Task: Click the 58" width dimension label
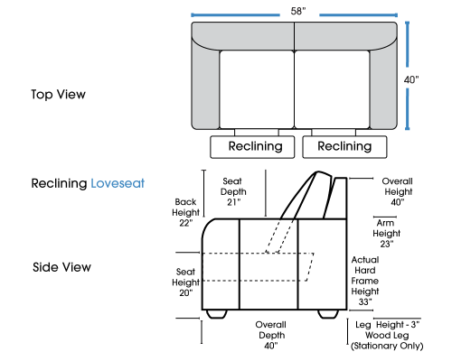coord(298,11)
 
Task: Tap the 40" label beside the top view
coord(411,79)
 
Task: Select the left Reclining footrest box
coord(252,147)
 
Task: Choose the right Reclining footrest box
coord(344,147)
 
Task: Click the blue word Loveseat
coord(118,183)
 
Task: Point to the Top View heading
coord(58,95)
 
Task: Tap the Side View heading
coord(61,267)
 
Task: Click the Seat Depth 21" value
coord(233,202)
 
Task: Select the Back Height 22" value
coord(185,223)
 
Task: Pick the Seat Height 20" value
coord(185,292)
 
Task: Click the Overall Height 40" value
coord(398,202)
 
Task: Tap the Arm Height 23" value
coord(387,244)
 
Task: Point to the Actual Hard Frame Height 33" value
coord(365,301)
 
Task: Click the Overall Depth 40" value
coord(270,346)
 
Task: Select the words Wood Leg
coord(387,335)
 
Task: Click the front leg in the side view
coord(216,314)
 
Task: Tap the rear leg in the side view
coord(328,314)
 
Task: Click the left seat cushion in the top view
coord(257,89)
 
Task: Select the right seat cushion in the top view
coord(332,89)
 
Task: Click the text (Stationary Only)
coord(387,346)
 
